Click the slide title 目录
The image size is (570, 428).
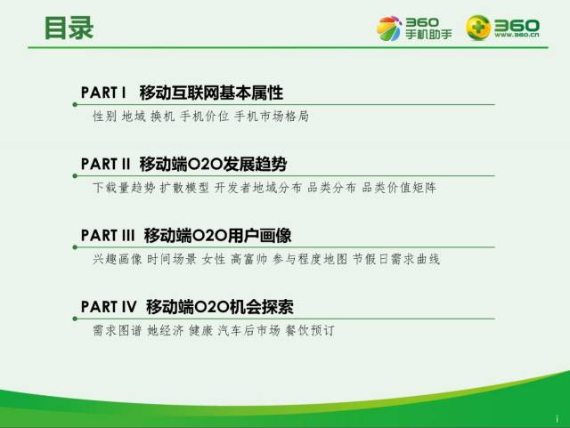tap(69, 28)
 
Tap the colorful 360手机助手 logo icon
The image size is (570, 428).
tap(388, 28)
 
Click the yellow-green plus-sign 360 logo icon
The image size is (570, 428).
tap(478, 28)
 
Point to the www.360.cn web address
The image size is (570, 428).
tap(517, 35)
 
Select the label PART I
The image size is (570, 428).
tap(103, 93)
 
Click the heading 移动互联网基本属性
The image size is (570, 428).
tap(211, 93)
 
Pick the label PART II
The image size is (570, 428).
tap(105, 164)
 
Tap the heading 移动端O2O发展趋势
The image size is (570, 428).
tap(213, 164)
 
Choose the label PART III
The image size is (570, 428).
tap(108, 235)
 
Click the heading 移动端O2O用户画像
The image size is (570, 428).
tap(217, 235)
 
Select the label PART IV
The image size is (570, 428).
tap(109, 307)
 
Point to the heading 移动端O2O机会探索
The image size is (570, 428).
tap(220, 307)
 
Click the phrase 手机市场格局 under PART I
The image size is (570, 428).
tap(272, 117)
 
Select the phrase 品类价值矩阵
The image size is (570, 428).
tap(399, 188)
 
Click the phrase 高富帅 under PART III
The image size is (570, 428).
tap(249, 259)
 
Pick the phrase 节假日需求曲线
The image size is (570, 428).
tap(395, 259)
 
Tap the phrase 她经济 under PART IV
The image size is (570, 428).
tap(166, 330)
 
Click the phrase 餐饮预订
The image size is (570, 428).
tap(310, 330)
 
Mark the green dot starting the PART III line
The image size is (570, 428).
tap(75, 247)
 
